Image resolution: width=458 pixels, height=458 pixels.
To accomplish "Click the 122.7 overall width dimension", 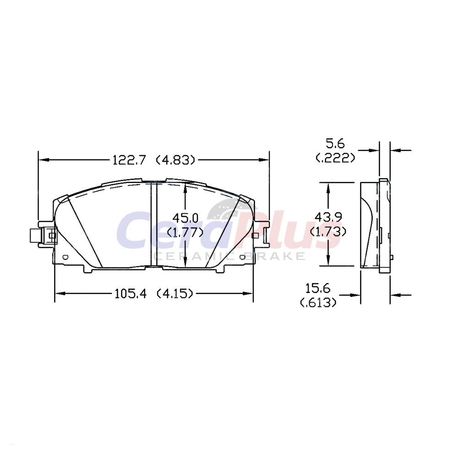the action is (x=129, y=160).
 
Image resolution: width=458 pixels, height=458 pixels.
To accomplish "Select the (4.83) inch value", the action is (x=175, y=160).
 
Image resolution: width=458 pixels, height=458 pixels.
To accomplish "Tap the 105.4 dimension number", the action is (x=130, y=293).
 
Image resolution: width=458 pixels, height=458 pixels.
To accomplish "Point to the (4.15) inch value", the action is (x=175, y=293).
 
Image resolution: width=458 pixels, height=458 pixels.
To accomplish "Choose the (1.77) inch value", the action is (x=185, y=233).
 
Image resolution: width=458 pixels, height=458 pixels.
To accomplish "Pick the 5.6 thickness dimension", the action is (x=335, y=144).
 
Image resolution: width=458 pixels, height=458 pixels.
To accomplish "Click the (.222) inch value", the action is (x=335, y=158).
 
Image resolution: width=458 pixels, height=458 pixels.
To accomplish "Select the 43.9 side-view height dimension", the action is (x=328, y=217).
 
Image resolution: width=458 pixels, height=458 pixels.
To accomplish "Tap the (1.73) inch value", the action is (x=328, y=232).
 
